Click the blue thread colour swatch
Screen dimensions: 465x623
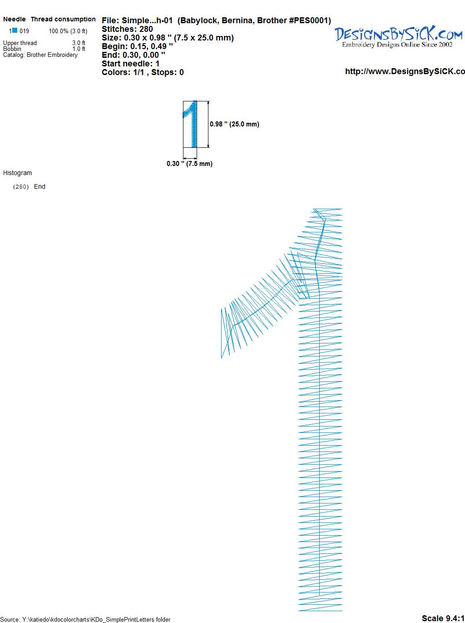(15, 30)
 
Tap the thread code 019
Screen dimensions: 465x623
(24, 31)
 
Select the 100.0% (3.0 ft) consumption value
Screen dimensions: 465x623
(68, 31)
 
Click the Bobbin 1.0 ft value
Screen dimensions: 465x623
(79, 49)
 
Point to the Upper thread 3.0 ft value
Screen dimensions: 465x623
(79, 43)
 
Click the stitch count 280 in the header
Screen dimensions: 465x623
(146, 29)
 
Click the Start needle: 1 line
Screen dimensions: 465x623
(131, 64)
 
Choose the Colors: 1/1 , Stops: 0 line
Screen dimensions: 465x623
(143, 72)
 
